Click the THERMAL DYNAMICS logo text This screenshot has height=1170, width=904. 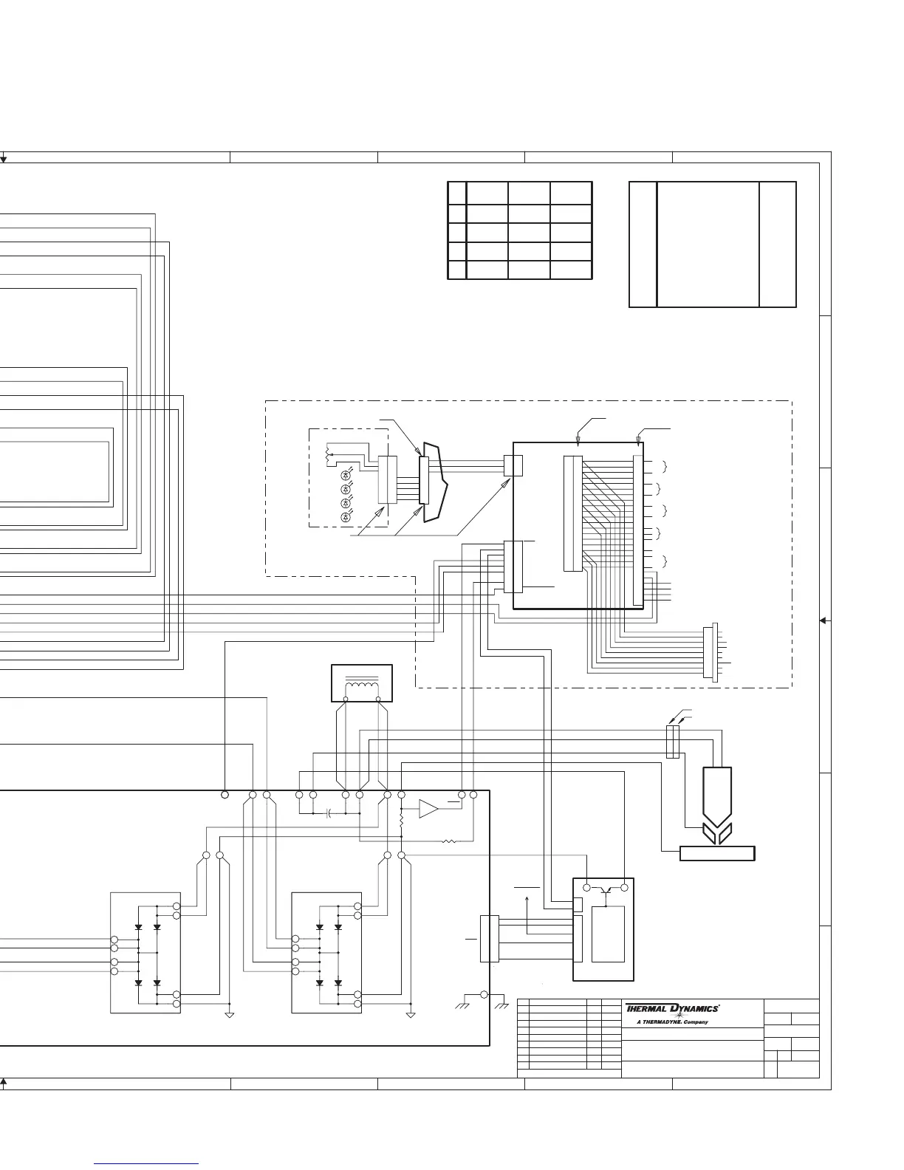click(x=672, y=1008)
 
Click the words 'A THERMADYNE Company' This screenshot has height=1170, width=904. click(x=672, y=1022)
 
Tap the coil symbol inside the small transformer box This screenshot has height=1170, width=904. click(x=361, y=688)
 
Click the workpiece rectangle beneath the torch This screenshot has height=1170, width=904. click(x=716, y=854)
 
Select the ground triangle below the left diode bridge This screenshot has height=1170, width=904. click(x=230, y=1016)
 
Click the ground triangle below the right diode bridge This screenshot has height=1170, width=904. click(x=411, y=1016)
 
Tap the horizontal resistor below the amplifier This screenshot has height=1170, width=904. click(x=448, y=841)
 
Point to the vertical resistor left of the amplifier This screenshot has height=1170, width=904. click(x=401, y=820)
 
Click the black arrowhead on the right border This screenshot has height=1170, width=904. click(x=823, y=620)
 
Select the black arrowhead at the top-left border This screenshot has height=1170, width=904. click(x=4, y=159)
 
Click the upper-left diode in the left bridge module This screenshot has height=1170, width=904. click(x=139, y=927)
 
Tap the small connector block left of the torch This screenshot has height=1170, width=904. click(x=672, y=742)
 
